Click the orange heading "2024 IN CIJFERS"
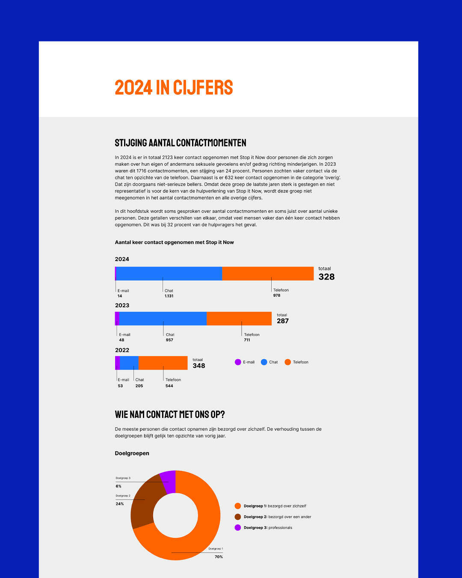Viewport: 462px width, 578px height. pyautogui.click(x=174, y=87)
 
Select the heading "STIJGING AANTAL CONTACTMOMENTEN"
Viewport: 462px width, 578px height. pyautogui.click(x=181, y=143)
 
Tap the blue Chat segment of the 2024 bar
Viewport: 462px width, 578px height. pyautogui.click(x=169, y=274)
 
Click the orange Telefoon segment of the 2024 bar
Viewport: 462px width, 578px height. pyautogui.click(x=268, y=274)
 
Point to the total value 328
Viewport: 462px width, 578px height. pyautogui.click(x=326, y=277)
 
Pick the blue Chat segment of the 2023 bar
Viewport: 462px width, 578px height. pyautogui.click(x=163, y=319)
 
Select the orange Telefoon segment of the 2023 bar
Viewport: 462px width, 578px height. pyautogui.click(x=239, y=319)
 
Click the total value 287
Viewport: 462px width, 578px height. pyautogui.click(x=283, y=321)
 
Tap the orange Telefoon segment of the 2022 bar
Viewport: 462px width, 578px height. pyautogui.click(x=163, y=363)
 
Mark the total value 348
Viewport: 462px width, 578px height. pyautogui.click(x=199, y=366)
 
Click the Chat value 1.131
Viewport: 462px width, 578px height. pyautogui.click(x=169, y=296)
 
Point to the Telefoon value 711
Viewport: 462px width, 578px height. pyautogui.click(x=247, y=340)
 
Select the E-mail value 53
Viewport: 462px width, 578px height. pyautogui.click(x=120, y=386)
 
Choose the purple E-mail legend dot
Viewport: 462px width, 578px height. pyautogui.click(x=238, y=362)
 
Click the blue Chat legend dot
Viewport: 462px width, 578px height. pyautogui.click(x=264, y=362)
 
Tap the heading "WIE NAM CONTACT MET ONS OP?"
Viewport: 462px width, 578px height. pyautogui.click(x=170, y=414)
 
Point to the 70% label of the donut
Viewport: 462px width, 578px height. pyautogui.click(x=219, y=557)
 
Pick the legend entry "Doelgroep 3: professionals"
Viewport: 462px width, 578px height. pyautogui.click(x=268, y=527)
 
